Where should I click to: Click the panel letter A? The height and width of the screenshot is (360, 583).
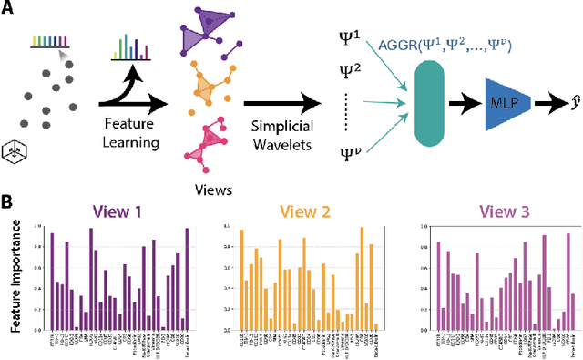(11, 11)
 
